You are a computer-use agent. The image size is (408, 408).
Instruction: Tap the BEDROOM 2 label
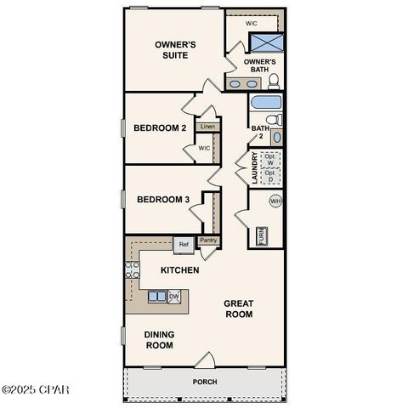pos(159,128)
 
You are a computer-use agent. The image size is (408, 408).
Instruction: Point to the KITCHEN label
pos(180,270)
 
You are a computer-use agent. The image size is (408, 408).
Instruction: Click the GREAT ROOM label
pos(239,309)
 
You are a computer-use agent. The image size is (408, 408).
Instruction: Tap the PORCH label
pos(204,382)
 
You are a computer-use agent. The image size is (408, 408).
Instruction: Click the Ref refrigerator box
pos(183,244)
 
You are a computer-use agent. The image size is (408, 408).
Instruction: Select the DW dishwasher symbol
pos(173,296)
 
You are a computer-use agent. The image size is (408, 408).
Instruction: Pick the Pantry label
pos(208,241)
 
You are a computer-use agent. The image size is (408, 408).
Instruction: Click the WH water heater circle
pos(275,201)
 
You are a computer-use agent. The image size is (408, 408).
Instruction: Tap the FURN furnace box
pos(261,235)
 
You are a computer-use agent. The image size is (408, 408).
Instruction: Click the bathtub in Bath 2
pos(265,105)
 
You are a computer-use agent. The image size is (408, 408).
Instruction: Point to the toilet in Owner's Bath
pos(274,82)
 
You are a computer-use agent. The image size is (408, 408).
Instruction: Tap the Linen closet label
pos(207,127)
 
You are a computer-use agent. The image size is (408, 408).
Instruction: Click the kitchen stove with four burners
pos(133,270)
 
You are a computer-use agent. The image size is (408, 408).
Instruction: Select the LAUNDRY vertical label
pos(253,168)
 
